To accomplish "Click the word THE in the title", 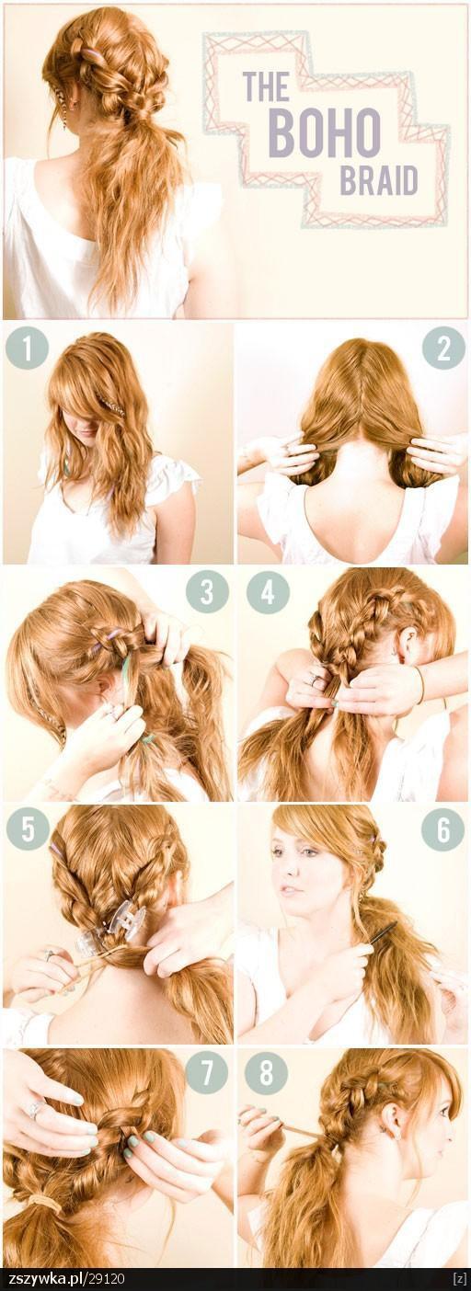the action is pos(266,86).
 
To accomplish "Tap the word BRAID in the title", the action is pos(378,179).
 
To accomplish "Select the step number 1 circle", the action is pos(27,348).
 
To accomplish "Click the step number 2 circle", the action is pos(443,348).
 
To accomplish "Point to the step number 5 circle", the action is pos(27,830).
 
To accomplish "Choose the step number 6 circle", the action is pos(442,830).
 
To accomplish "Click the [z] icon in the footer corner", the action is pos(459,1281).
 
